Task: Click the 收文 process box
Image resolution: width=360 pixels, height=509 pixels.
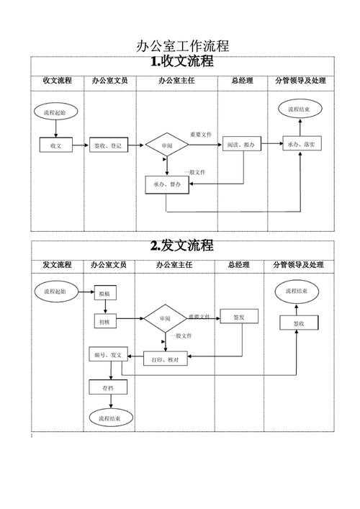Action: point(56,145)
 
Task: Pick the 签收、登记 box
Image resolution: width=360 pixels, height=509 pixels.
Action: point(108,145)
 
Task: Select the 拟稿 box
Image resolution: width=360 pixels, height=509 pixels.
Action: point(104,294)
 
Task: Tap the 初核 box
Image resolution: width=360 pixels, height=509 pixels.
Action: point(104,322)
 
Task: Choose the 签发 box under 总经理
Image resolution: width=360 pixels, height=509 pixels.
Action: point(238,317)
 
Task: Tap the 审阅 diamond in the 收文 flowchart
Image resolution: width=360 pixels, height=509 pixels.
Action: point(166,145)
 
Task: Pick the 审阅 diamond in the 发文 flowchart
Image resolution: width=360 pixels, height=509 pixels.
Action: point(165,318)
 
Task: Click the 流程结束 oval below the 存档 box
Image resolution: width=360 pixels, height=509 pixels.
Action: point(110,418)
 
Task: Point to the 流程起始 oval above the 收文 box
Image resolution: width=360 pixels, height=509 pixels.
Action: point(55,113)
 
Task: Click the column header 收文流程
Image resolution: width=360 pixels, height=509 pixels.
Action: point(57,81)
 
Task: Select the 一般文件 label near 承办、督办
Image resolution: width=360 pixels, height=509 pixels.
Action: point(194,172)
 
